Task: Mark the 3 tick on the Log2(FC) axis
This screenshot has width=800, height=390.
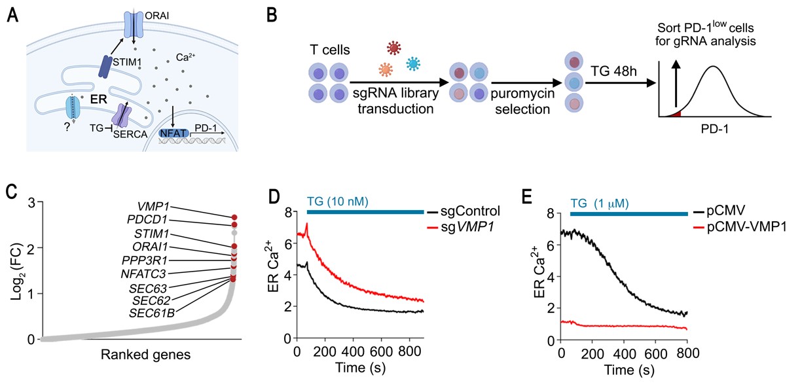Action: (x=31, y=203)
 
